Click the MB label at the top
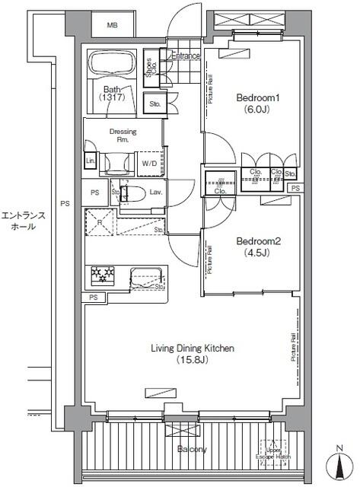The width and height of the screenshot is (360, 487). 112,25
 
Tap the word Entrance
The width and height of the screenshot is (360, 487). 185,56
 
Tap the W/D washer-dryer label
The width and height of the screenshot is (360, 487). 149,163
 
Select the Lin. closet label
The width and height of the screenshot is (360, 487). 90,161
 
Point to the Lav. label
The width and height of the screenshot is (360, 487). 155,193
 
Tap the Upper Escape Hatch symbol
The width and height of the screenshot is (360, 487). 274,450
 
